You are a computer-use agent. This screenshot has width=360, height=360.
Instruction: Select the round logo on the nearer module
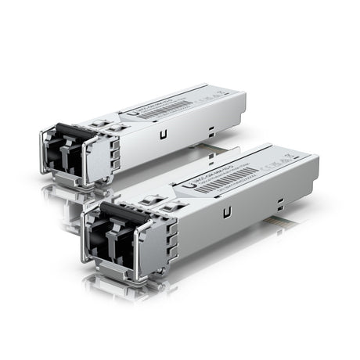pyautogui.click(x=193, y=185)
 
